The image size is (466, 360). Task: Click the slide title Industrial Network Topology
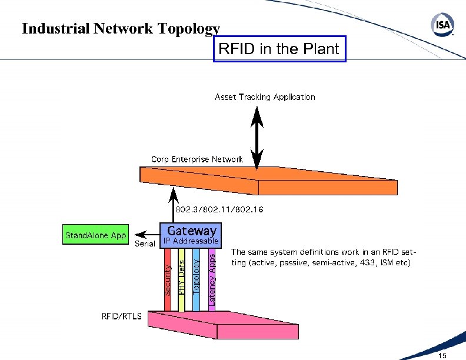coord(121,29)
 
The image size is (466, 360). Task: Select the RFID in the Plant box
coord(279,49)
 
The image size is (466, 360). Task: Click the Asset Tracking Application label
coord(265,97)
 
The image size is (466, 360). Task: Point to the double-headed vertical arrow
coord(256,139)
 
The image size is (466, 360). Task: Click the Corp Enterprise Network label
coord(197,159)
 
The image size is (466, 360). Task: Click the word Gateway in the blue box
coord(192,231)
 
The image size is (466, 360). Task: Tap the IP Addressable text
coord(191,241)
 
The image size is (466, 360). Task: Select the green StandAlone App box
coord(96,235)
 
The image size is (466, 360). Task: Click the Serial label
coord(145,243)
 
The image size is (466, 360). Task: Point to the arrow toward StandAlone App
coord(145,235)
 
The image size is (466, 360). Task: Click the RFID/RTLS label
coord(122,316)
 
